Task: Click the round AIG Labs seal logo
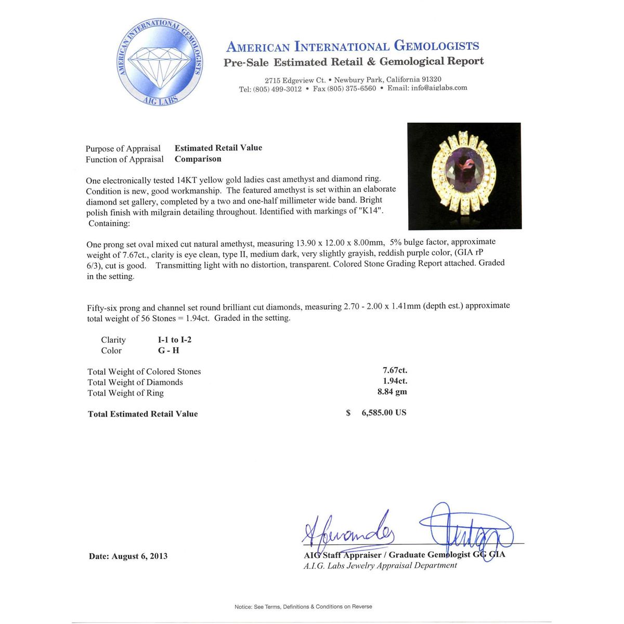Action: (x=159, y=62)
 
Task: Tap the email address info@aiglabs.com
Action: (x=439, y=88)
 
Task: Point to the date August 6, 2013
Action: (x=128, y=556)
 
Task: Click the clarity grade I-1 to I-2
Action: (x=175, y=340)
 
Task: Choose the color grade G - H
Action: (x=168, y=350)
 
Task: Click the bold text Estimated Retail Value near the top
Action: (x=218, y=148)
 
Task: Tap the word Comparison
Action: (x=198, y=159)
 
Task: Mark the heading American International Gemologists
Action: (x=353, y=46)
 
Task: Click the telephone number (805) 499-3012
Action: (x=277, y=89)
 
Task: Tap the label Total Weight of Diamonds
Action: (x=135, y=382)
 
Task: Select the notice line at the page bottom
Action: (x=303, y=606)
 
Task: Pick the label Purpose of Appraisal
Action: (x=123, y=149)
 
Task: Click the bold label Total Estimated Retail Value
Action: (x=143, y=414)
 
